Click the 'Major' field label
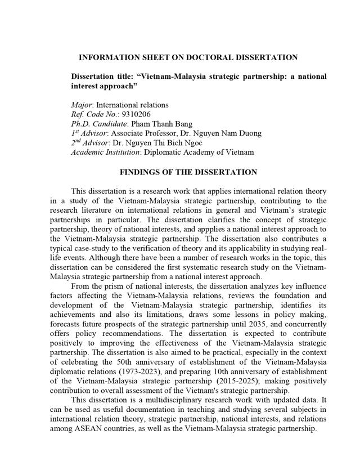click(82, 105)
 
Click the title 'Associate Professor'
click(146, 133)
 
